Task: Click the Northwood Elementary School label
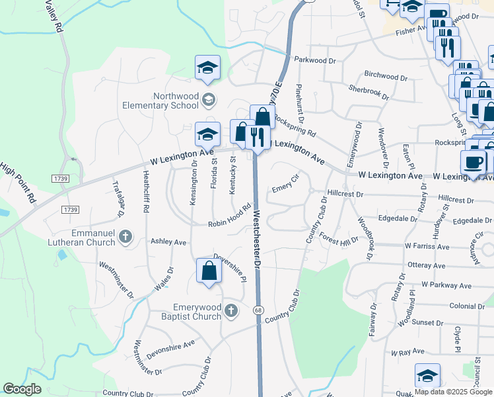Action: pyautogui.click(x=160, y=100)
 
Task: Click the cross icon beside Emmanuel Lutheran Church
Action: pyautogui.click(x=126, y=236)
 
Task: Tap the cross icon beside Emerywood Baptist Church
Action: pyautogui.click(x=230, y=310)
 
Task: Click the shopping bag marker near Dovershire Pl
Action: pyautogui.click(x=209, y=271)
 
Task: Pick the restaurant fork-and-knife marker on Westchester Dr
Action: pyautogui.click(x=256, y=138)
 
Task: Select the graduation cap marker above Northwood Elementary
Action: pyautogui.click(x=207, y=67)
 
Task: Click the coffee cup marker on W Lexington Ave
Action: pyautogui.click(x=474, y=161)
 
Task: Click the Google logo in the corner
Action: pyautogui.click(x=22, y=389)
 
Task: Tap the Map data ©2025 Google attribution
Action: pyautogui.click(x=452, y=392)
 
